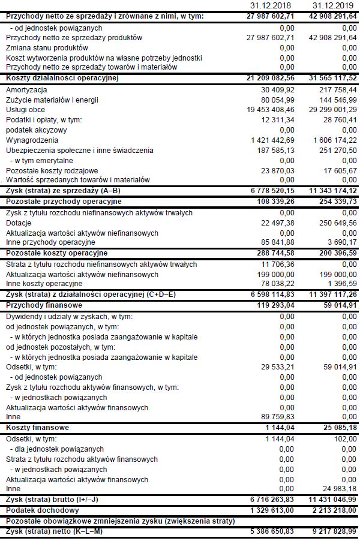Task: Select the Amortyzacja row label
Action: point(26,89)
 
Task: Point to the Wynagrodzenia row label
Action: point(31,140)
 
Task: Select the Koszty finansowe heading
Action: point(37,428)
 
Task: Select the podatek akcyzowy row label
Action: point(36,130)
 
